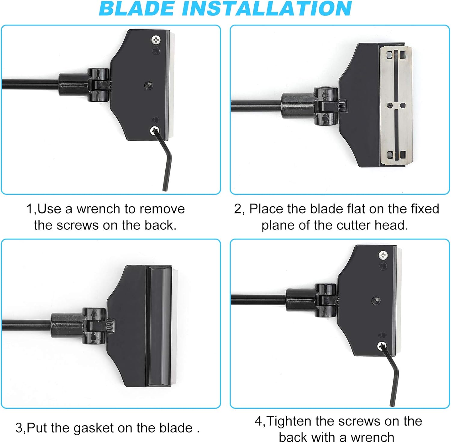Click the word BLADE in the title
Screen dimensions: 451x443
[x=137, y=8]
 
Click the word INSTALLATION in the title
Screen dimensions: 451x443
[x=267, y=8]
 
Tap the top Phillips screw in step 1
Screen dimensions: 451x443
[x=156, y=40]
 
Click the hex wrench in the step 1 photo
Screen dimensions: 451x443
[x=165, y=159]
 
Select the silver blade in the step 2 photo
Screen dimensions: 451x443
[x=396, y=105]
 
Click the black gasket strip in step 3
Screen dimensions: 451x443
[x=159, y=326]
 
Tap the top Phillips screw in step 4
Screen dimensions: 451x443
[x=383, y=255]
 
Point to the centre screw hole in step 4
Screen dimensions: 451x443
[x=376, y=300]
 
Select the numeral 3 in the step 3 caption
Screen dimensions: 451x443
[x=19, y=428]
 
